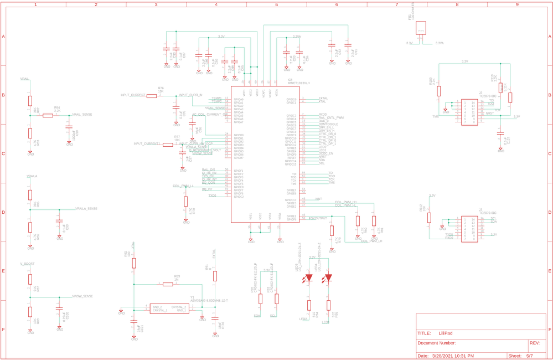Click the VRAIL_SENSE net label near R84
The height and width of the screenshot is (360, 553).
point(82,114)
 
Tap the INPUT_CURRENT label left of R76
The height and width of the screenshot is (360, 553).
point(133,95)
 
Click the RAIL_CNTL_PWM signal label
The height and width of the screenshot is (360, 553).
point(331,118)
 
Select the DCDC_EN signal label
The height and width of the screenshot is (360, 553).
point(326,153)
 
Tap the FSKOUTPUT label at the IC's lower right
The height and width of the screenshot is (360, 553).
point(318,219)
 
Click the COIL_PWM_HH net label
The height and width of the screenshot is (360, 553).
point(345,202)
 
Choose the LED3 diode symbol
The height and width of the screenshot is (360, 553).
point(309,277)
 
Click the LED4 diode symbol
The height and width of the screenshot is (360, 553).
point(328,277)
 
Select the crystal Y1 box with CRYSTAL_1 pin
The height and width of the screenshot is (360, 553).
point(169,308)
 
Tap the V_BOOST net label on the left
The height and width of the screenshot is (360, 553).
point(27,264)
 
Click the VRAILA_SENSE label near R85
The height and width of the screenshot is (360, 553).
point(86,208)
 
